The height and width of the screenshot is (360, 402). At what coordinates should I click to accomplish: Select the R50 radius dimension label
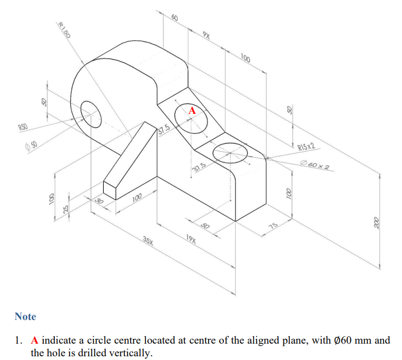tap(23, 127)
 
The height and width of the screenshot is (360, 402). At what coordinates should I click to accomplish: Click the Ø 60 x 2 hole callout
tap(315, 168)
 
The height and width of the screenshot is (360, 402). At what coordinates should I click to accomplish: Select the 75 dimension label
tap(273, 226)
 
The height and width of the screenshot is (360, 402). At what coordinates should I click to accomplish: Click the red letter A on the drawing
tap(192, 111)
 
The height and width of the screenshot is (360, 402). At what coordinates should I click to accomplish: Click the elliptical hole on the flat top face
tap(230, 152)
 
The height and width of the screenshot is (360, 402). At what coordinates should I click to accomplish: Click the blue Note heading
tap(25, 316)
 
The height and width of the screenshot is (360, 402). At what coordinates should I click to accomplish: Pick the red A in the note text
tap(35, 340)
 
